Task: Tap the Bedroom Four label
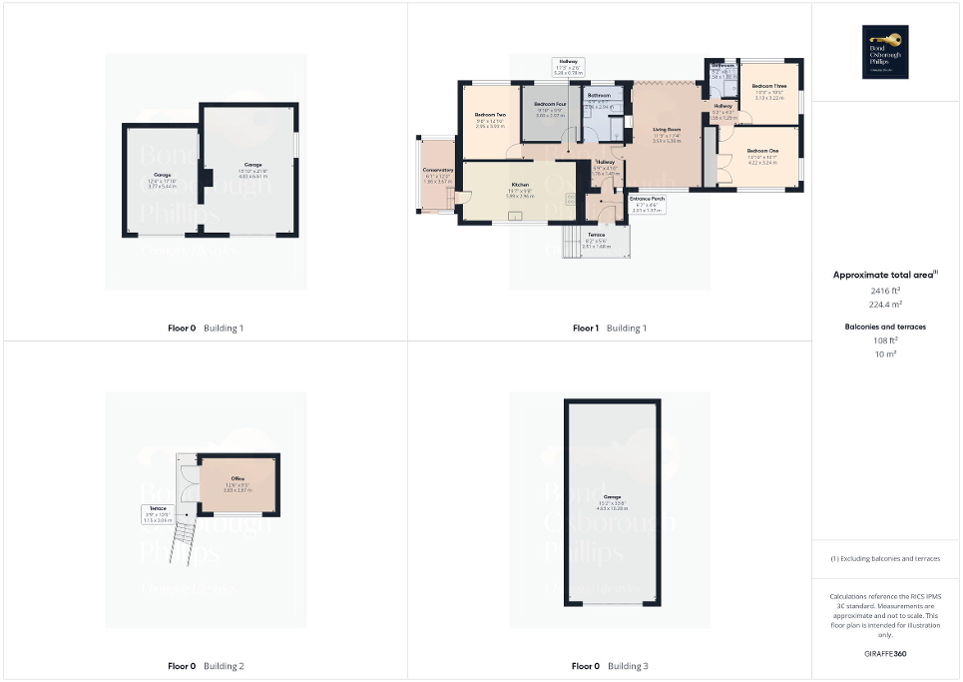(x=550, y=105)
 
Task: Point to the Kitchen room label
(x=520, y=186)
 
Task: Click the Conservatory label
(x=439, y=171)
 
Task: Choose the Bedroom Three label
(x=769, y=87)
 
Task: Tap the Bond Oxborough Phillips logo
(x=883, y=51)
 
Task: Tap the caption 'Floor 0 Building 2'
(x=206, y=666)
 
